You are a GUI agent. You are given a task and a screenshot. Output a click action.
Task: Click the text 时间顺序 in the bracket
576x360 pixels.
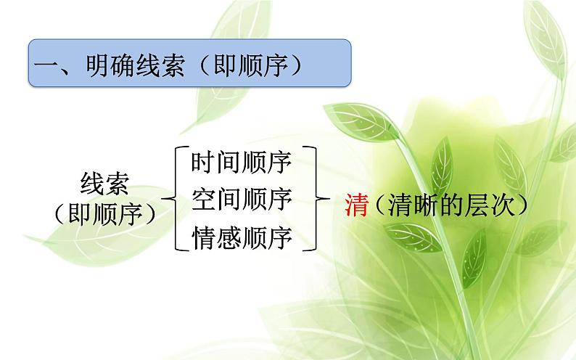tap(241, 162)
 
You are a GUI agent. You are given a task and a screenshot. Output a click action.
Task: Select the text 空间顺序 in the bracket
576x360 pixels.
tap(241, 199)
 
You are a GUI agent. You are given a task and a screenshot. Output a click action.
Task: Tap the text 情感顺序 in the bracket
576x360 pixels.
tap(241, 237)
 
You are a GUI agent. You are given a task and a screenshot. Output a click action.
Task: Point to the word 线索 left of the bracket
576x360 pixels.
tap(105, 185)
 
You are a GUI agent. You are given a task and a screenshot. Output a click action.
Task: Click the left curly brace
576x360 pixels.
tap(172, 197)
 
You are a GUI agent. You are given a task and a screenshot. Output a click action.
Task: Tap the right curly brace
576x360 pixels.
tap(313, 197)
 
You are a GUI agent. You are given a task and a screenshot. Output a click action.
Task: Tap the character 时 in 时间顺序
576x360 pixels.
tap(203, 162)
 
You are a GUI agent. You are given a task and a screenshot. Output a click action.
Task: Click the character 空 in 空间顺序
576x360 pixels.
tap(203, 199)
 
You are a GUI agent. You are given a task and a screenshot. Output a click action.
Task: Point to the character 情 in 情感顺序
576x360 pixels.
tap(203, 237)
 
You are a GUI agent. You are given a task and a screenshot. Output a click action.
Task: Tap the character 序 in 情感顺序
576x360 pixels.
tap(279, 237)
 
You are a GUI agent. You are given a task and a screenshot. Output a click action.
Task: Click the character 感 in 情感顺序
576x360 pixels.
tap(229, 237)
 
